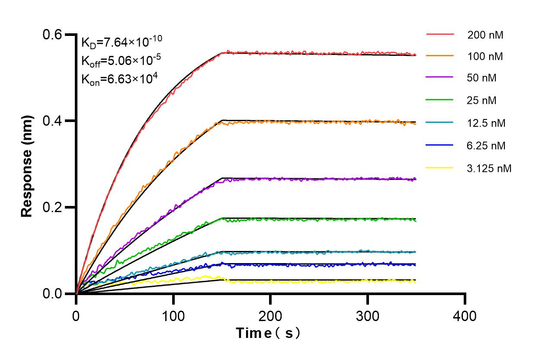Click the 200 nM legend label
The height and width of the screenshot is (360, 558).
coord(485,35)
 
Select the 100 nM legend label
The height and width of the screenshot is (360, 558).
coord(485,56)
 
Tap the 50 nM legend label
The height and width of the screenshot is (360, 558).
coord(482,78)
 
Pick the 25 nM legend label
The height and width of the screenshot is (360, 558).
coord(482,100)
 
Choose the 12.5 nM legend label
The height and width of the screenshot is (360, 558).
coord(486,123)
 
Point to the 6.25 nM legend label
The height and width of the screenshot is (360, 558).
coord(486,145)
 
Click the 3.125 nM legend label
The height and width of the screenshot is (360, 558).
coord(489,168)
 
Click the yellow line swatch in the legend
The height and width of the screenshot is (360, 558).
coord(439,167)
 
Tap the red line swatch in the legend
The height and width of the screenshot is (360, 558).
coord(439,34)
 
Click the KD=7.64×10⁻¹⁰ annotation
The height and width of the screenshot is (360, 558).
coord(122,42)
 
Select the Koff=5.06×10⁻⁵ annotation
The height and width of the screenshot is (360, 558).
coord(120,61)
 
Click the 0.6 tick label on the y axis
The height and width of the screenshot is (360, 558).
coord(52,35)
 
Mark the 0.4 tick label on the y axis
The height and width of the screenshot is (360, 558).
coord(52,121)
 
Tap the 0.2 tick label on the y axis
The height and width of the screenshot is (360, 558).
coord(52,207)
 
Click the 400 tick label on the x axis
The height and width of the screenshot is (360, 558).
coord(465,316)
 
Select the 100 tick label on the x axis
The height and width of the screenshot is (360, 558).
coord(173,316)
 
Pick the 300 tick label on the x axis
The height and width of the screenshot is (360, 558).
coord(368,316)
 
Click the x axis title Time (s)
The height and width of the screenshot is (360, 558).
coord(268,333)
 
